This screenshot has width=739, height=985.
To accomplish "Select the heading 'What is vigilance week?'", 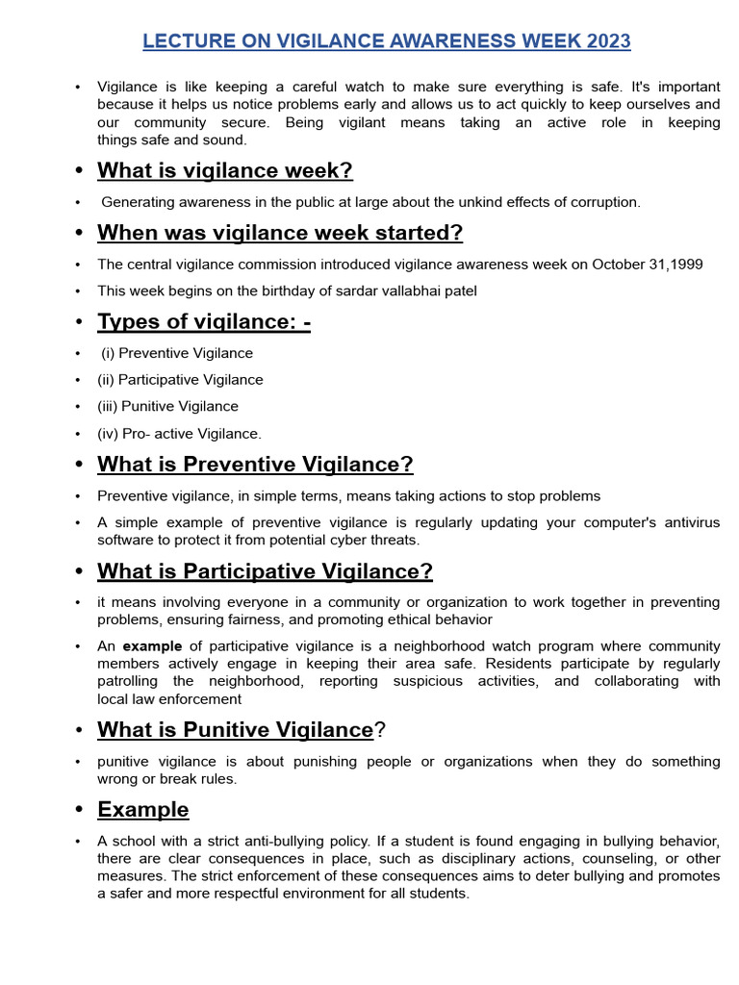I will click(224, 171).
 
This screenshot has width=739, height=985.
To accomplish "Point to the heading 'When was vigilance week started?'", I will click(280, 233).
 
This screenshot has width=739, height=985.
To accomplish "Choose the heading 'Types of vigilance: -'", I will click(203, 322).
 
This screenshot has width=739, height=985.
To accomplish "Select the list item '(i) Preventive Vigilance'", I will click(177, 353).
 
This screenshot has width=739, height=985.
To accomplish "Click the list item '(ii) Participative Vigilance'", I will click(180, 380).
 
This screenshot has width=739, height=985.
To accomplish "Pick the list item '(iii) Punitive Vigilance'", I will click(167, 407).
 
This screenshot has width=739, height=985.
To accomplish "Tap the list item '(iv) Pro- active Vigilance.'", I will click(179, 434).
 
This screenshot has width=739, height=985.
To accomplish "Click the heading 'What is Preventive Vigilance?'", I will click(255, 465).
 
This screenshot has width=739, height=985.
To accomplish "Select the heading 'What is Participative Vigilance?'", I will click(265, 571).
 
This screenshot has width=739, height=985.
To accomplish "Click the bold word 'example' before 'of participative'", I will click(152, 646).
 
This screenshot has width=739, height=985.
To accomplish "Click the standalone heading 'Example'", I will click(142, 809).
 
